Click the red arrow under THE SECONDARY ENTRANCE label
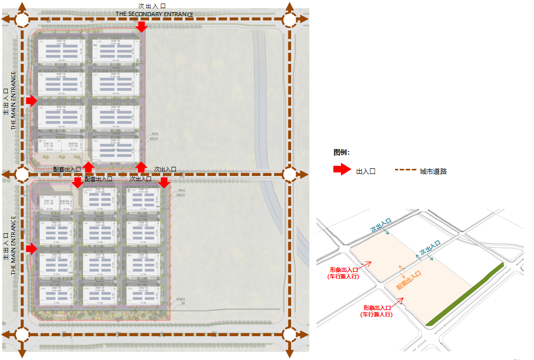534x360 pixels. point(141,26)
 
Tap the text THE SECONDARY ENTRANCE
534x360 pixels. point(154,14)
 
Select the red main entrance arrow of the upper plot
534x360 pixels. point(31,101)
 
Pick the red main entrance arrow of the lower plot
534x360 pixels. point(31,248)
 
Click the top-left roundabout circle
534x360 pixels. point(22,19)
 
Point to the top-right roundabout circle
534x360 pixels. point(289,19)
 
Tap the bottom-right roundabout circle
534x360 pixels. point(289,334)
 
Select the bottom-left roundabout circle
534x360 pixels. point(22,334)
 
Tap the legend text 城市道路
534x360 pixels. point(433,171)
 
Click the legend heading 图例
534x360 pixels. point(341,153)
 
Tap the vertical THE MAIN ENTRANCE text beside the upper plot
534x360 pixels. point(14,100)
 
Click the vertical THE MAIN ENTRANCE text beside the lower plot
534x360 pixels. point(14,245)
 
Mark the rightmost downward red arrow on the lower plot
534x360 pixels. point(164,182)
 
